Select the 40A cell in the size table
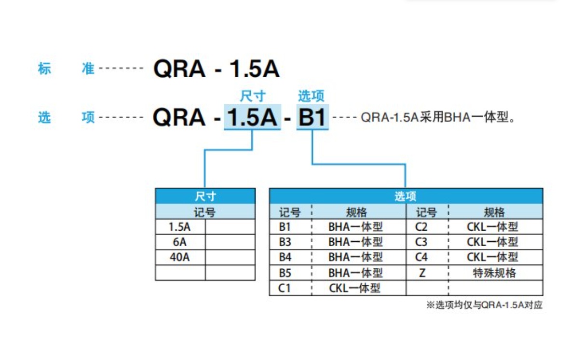180,257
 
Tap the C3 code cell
421,242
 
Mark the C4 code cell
421,257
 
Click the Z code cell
422,273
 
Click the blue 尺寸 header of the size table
205,196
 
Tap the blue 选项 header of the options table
406,196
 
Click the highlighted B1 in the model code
312,117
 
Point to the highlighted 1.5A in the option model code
252,117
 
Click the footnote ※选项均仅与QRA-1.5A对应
484,305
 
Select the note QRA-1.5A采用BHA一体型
438,118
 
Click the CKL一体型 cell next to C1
355,288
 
